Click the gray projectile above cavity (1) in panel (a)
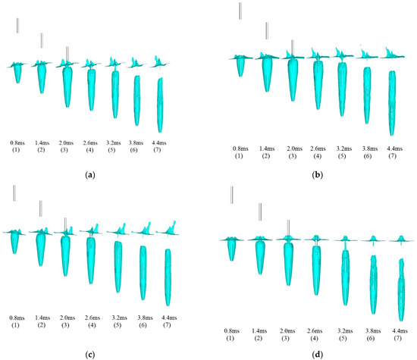[17, 25]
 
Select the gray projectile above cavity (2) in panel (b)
[266, 31]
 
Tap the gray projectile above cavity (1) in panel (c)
[14, 193]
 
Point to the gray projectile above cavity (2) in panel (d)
[260, 211]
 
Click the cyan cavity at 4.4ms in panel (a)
[160, 102]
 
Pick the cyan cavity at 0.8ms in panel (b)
[240, 66]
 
